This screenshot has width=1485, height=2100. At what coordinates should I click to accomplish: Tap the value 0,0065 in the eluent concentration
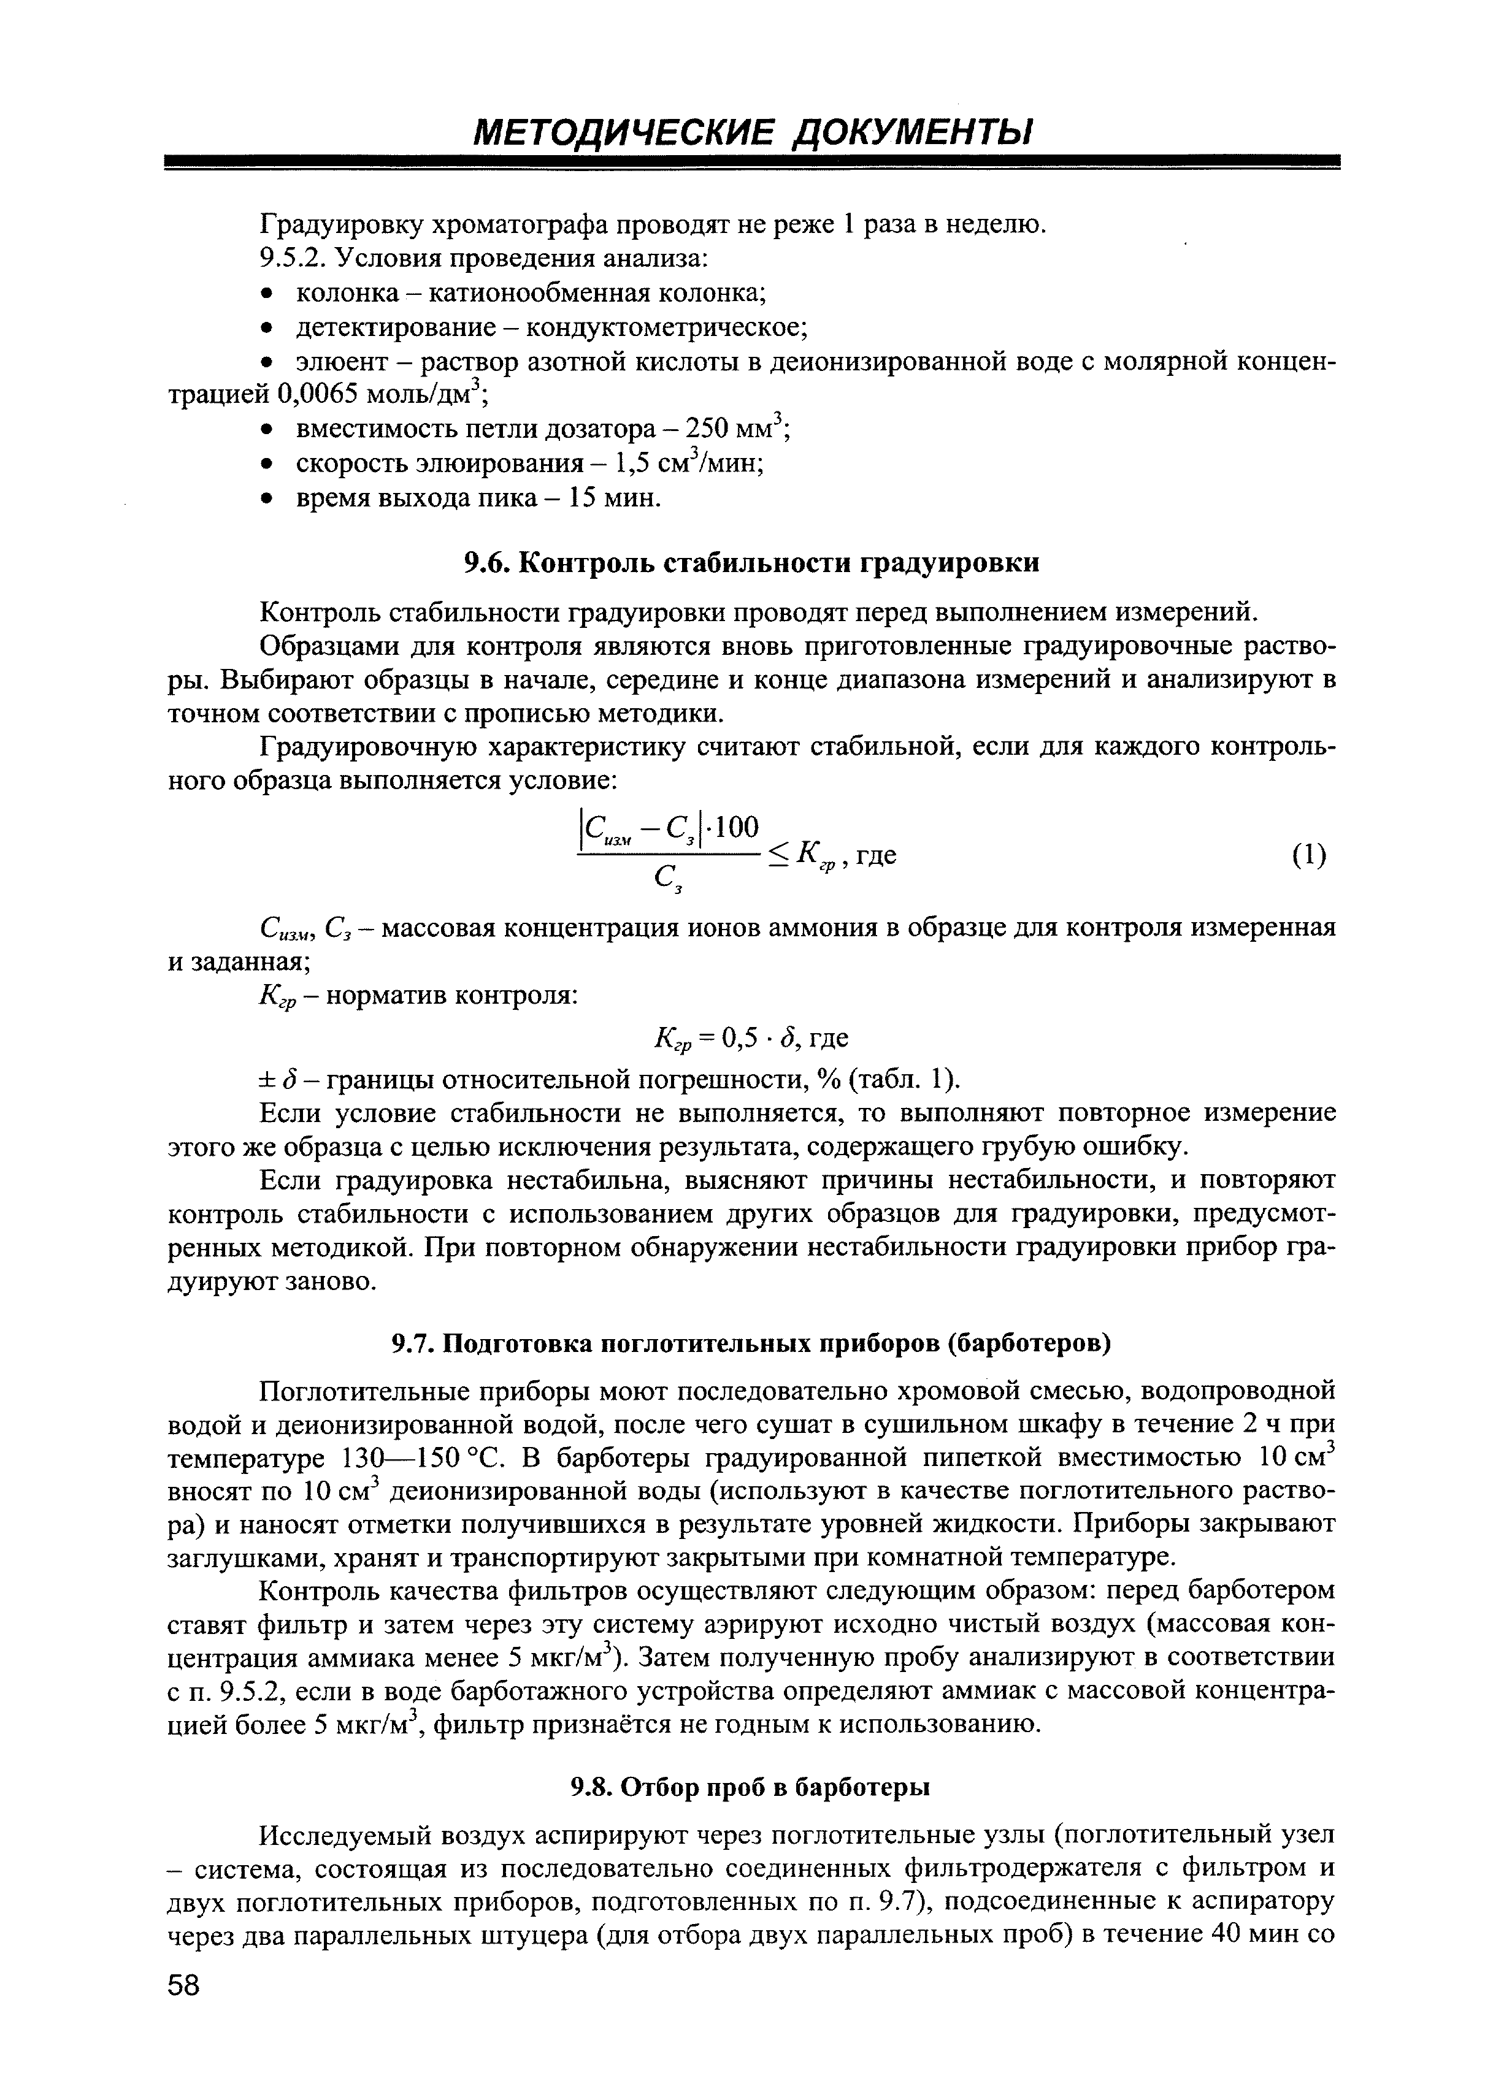[x=318, y=395]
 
